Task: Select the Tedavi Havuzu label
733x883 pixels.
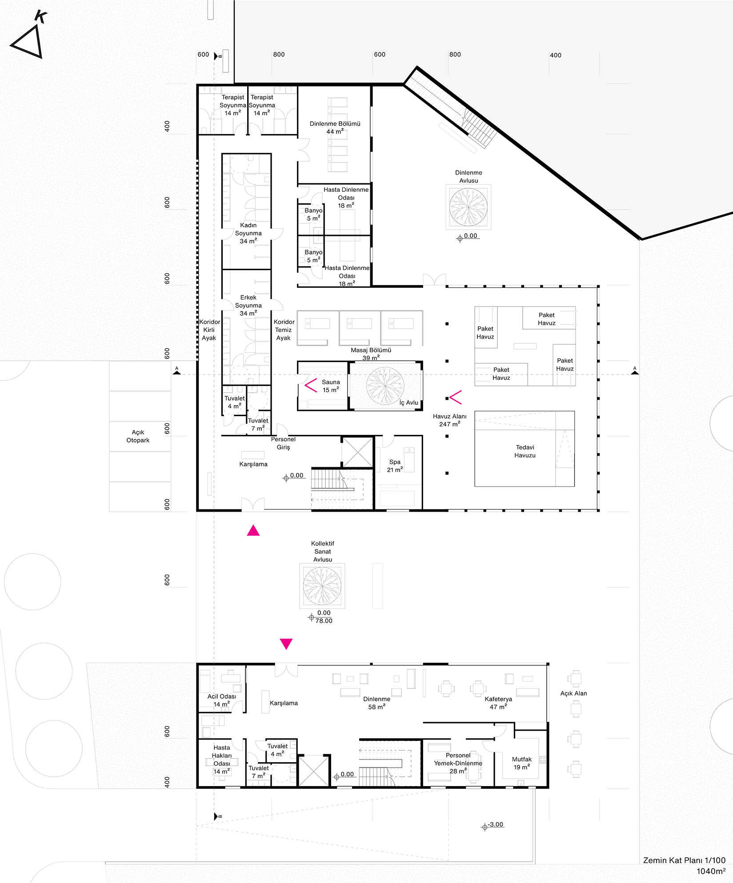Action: coord(525,451)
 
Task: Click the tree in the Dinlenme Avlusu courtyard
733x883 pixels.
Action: coord(469,207)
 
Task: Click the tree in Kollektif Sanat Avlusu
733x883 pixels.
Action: coord(322,586)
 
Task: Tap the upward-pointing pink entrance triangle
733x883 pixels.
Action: coord(253,530)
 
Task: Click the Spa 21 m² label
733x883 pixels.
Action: coord(395,466)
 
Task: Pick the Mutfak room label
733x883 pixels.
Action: coord(522,763)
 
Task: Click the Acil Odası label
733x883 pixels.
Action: coord(222,700)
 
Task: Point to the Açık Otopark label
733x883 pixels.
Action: coord(138,436)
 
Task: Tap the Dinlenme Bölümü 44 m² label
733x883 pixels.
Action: coord(335,127)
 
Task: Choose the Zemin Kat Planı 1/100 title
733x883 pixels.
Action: coord(684,860)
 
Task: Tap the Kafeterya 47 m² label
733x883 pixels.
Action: coord(498,703)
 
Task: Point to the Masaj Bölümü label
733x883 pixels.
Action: coord(371,350)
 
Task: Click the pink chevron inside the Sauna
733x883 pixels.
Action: coord(311,386)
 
